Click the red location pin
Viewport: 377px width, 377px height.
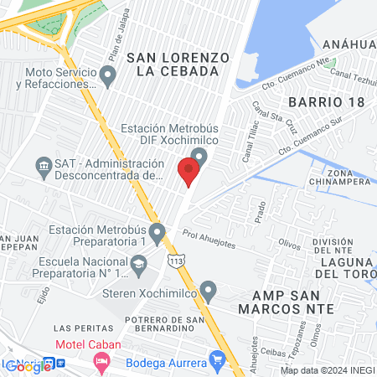[188, 171]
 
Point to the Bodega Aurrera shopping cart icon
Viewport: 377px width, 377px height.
[219, 362]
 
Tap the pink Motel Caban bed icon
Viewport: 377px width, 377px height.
[101, 362]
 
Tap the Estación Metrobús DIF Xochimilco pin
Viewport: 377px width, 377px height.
[199, 156]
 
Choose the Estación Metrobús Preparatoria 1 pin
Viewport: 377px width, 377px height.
[157, 231]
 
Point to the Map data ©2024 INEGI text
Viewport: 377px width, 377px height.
[327, 370]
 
